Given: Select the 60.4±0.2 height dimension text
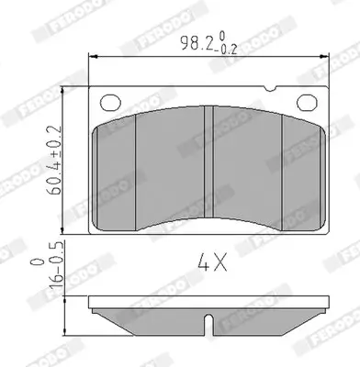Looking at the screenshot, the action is point(54,160).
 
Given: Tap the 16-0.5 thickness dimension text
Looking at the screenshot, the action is point(56,263).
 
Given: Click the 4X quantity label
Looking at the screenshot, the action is point(212,262).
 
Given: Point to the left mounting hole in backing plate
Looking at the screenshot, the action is point(110,102).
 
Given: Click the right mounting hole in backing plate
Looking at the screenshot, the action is point(307,102).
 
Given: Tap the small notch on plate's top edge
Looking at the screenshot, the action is point(270,89).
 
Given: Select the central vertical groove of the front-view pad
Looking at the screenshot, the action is point(208,161).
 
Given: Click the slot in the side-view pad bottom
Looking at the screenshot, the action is point(208,324).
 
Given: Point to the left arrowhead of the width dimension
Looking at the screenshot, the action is point(93,57).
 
